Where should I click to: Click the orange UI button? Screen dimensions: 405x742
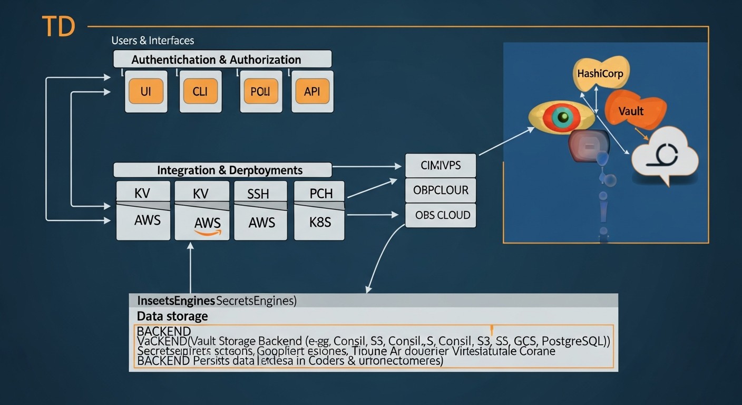146,91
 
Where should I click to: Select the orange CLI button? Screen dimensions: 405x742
200,91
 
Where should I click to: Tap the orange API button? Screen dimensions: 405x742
313,91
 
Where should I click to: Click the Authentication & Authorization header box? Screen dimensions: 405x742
222,59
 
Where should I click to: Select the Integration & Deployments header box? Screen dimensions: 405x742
222,170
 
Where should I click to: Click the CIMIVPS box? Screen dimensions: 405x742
441,166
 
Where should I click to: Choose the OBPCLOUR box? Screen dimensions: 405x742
441,190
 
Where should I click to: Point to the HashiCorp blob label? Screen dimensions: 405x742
600,73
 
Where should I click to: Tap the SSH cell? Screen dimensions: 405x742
261,194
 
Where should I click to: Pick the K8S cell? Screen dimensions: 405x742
319,221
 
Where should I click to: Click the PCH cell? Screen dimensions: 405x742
320,194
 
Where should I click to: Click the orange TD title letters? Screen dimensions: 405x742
58,26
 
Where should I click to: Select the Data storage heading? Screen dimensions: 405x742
172,316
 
